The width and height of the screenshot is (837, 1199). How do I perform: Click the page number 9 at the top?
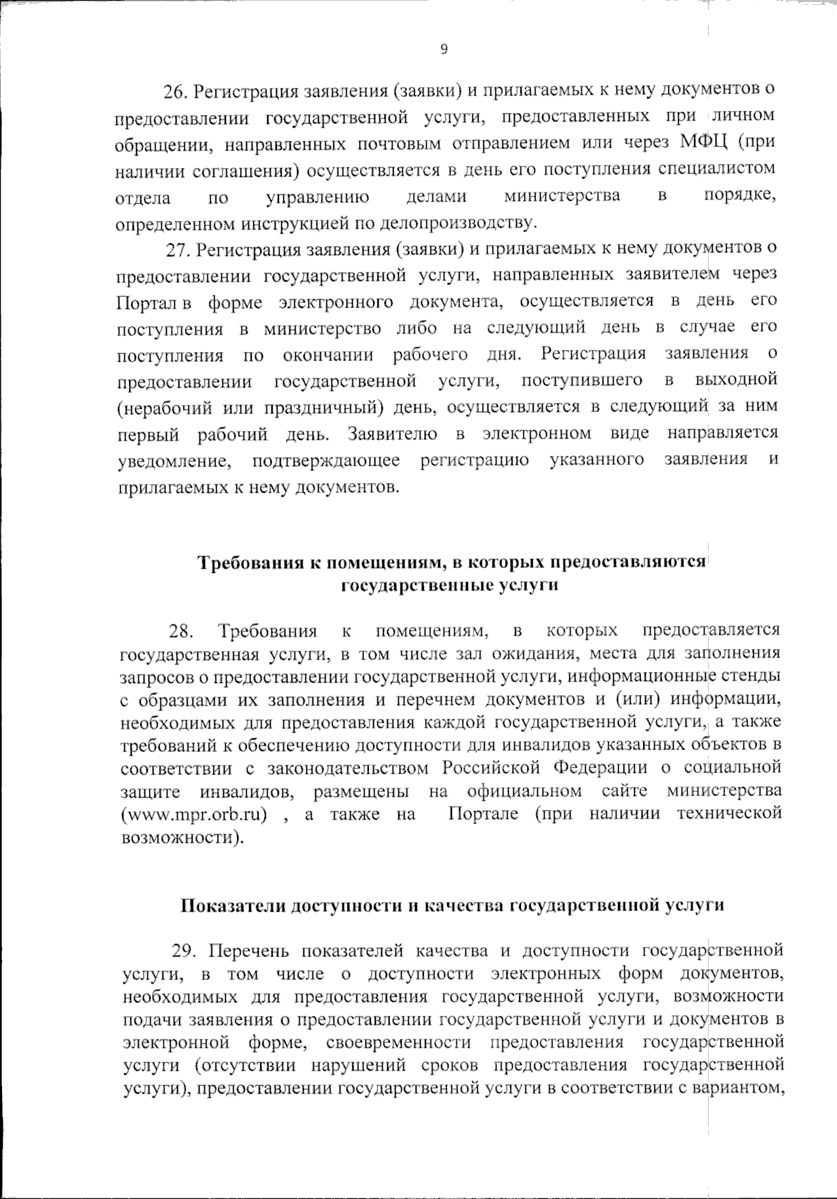point(444,48)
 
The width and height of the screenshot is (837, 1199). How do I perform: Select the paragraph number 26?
point(174,91)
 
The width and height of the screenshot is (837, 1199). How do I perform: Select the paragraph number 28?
point(181,632)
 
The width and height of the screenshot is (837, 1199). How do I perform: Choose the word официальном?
point(525,791)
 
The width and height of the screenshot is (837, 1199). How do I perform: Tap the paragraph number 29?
point(185,951)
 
